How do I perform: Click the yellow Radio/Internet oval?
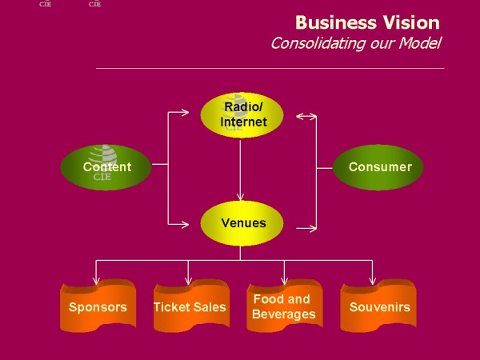[241, 114]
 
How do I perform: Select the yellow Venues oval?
[241, 222]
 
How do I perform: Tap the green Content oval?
[106, 167]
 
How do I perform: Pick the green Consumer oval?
[379, 167]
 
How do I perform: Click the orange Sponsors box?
[97, 306]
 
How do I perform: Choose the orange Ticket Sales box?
[190, 306]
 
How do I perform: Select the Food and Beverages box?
[283, 306]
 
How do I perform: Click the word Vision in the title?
[410, 22]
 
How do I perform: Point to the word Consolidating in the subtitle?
[318, 43]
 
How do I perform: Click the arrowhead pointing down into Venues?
[241, 197]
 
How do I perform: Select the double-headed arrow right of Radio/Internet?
[306, 117]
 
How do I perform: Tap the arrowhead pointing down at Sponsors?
[97, 280]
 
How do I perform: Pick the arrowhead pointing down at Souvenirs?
[373, 280]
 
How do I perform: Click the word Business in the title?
[333, 22]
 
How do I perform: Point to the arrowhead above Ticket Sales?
[189, 280]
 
